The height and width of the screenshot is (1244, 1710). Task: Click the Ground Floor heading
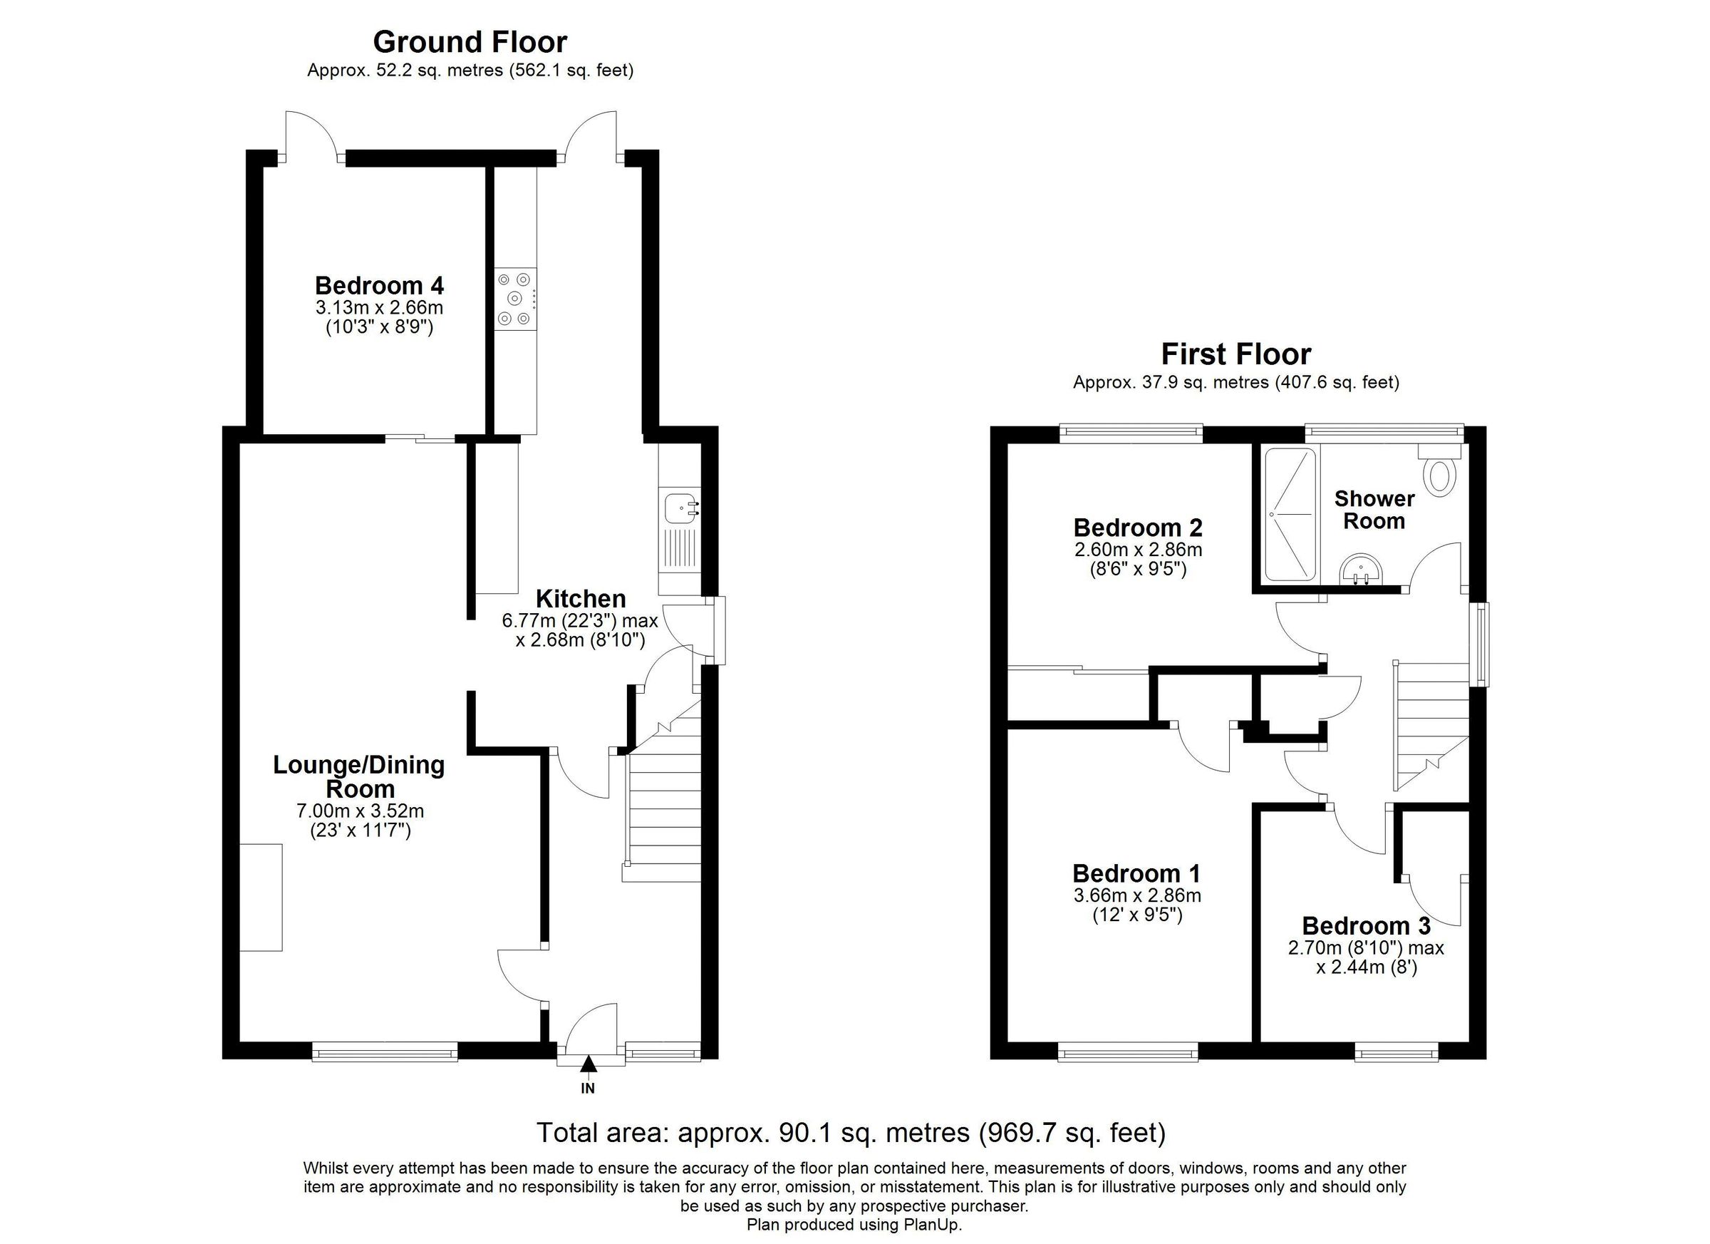(470, 42)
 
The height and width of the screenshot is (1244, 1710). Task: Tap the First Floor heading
(1235, 354)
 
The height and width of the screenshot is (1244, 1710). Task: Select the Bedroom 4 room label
(379, 286)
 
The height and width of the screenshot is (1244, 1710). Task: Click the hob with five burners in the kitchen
(516, 299)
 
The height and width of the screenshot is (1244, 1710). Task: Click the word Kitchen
(581, 599)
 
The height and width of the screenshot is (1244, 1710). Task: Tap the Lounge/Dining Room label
(359, 777)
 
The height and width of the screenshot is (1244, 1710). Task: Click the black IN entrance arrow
(588, 1064)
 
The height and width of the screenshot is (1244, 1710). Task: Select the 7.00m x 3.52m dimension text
(361, 812)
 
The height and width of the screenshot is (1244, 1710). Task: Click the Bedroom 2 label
(1138, 528)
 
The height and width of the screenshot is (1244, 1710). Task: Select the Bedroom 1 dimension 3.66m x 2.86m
(1137, 895)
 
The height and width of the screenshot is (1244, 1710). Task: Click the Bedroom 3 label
(1365, 925)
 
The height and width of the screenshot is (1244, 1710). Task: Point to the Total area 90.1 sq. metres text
(851, 1132)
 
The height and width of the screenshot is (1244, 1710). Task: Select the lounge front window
(385, 1051)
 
